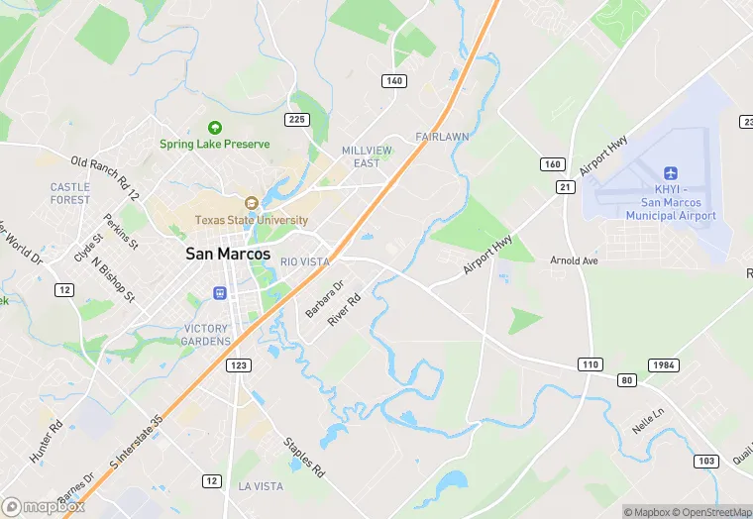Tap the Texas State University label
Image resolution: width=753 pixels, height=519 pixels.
[252, 220]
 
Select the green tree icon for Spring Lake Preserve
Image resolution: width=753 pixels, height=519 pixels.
[214, 127]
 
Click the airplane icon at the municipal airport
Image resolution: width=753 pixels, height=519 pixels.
[671, 175]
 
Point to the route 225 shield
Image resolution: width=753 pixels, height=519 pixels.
[296, 120]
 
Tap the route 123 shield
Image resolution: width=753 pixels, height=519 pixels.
[239, 365]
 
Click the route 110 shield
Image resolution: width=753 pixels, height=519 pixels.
[591, 364]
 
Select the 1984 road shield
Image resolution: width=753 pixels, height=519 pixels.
[664, 365]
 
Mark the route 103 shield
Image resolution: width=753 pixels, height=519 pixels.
[706, 461]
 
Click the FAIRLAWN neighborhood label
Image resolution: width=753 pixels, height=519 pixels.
[441, 136]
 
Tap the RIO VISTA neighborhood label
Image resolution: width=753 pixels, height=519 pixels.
[304, 261]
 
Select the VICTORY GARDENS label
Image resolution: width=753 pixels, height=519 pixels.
[207, 335]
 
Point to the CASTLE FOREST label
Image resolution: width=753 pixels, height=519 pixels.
[70, 193]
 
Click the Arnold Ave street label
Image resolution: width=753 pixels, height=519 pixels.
[575, 260]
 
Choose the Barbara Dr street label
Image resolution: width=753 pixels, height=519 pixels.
[324, 298]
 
